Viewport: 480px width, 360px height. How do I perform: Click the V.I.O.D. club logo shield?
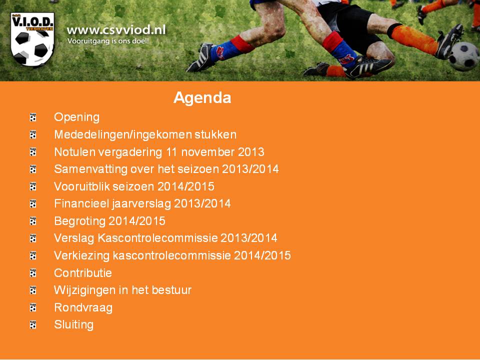click(x=32, y=39)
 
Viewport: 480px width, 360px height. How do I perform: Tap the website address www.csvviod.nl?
click(x=116, y=30)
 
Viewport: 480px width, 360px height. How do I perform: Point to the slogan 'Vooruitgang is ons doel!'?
click(x=108, y=41)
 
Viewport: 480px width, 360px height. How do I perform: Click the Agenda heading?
click(x=202, y=98)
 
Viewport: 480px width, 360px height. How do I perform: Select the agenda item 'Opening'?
click(x=77, y=117)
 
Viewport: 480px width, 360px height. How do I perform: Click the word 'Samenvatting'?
click(x=90, y=169)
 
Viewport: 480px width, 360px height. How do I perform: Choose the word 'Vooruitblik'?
click(x=81, y=186)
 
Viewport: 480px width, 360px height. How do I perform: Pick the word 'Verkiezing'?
click(x=81, y=256)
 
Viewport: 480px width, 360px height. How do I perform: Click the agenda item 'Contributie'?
click(x=83, y=273)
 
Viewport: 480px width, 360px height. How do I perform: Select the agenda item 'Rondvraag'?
click(x=83, y=308)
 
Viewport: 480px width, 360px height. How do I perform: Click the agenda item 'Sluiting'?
click(x=74, y=325)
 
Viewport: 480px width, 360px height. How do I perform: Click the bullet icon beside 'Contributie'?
click(x=33, y=273)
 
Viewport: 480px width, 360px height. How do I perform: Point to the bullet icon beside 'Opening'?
click(x=33, y=117)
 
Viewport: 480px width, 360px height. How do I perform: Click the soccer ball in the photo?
click(x=464, y=56)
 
